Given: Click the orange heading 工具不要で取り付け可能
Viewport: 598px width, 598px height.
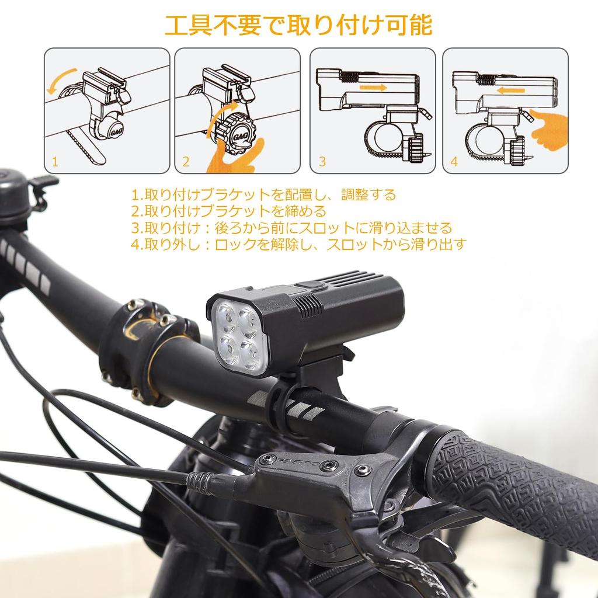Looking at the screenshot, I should [x=298, y=26].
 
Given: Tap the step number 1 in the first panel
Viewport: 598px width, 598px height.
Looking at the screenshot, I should [x=55, y=162].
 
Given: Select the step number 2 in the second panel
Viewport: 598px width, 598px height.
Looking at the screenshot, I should [x=186, y=162].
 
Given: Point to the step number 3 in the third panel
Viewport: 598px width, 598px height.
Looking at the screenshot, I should [x=321, y=162].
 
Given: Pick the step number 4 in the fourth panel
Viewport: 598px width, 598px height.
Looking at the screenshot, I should [x=454, y=162].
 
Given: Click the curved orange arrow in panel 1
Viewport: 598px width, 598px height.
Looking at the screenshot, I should [x=60, y=80].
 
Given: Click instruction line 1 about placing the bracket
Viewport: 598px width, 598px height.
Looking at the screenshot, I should [x=263, y=194].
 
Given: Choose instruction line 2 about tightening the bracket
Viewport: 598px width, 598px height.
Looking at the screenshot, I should [x=228, y=211].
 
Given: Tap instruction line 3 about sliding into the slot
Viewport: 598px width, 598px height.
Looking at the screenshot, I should [x=291, y=227].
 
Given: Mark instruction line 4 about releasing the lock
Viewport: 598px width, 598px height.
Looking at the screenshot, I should [x=299, y=244].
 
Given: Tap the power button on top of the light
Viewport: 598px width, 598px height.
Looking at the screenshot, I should [x=311, y=286].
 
